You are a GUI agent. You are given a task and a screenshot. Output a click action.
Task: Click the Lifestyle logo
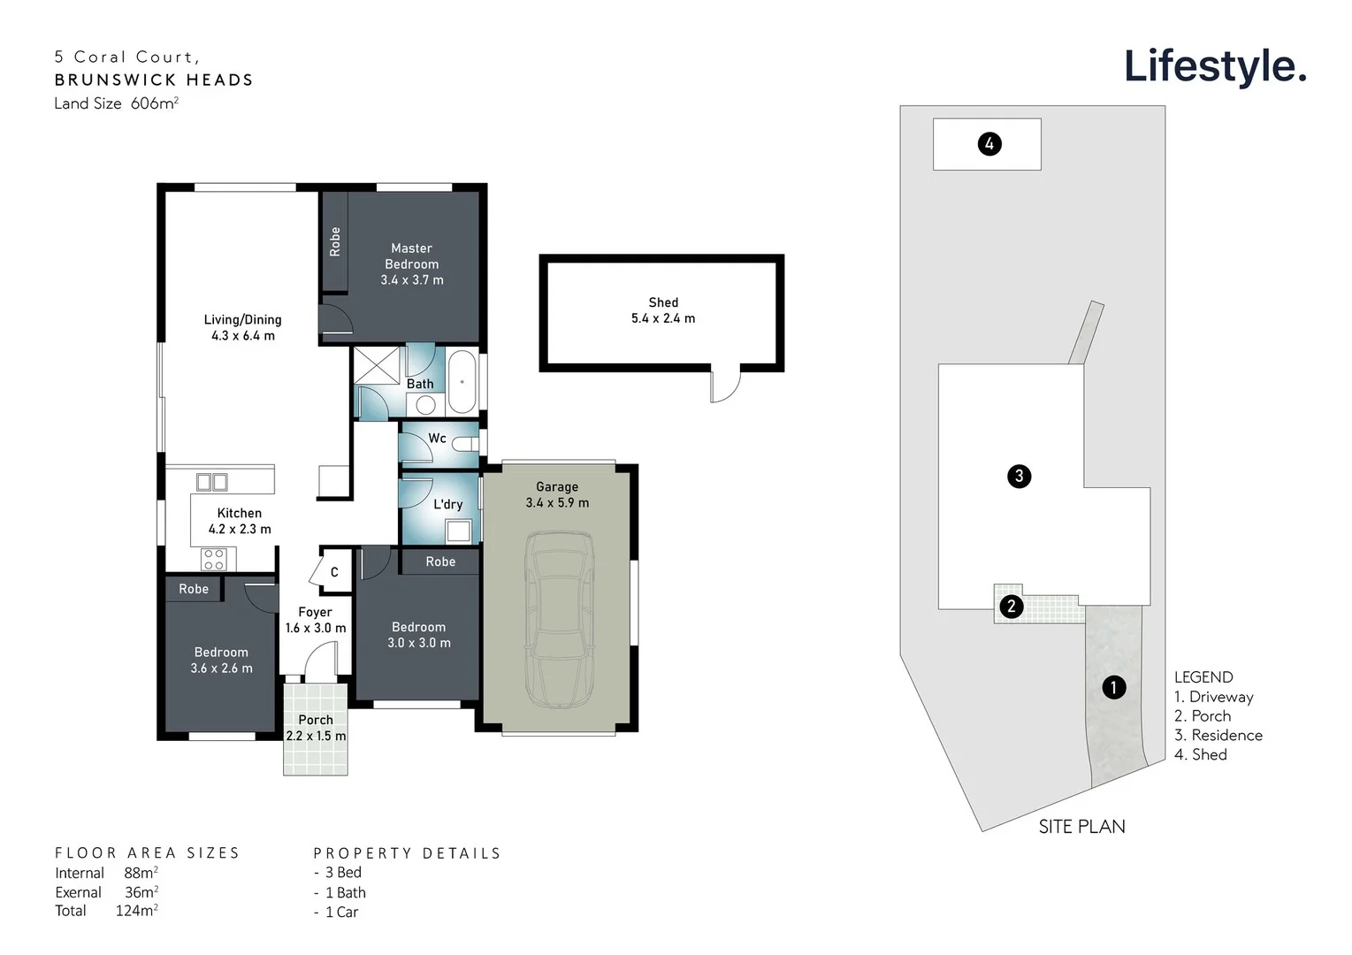click(x=1214, y=66)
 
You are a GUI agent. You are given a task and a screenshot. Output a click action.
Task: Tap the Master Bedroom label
click(x=412, y=256)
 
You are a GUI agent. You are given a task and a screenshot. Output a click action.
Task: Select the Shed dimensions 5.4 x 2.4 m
click(x=663, y=318)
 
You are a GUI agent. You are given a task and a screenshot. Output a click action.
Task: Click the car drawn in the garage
click(x=559, y=618)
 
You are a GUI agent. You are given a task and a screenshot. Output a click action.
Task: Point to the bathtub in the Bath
click(x=462, y=382)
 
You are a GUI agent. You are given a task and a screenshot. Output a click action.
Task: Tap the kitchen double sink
click(x=212, y=482)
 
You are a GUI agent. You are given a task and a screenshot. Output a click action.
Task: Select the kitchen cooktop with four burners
click(x=213, y=559)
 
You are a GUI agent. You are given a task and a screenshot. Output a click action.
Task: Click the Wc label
click(x=437, y=438)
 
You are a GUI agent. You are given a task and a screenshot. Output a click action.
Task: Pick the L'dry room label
click(x=447, y=504)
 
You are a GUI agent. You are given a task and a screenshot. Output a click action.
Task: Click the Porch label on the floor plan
click(x=316, y=720)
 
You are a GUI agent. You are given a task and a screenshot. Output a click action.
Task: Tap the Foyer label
click(x=315, y=612)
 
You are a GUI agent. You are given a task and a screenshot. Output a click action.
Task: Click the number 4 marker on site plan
click(x=989, y=144)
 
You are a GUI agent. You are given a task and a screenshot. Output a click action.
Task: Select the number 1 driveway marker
click(x=1113, y=687)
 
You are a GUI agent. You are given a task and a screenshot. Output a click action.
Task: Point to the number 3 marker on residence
click(x=1019, y=477)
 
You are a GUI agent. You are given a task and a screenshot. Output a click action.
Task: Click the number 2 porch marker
click(x=1011, y=607)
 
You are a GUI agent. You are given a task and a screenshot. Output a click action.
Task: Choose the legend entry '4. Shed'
click(x=1200, y=754)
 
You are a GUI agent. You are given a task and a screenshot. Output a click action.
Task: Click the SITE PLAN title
click(x=1081, y=827)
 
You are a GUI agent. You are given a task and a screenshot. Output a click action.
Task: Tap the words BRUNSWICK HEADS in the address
click(x=154, y=80)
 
